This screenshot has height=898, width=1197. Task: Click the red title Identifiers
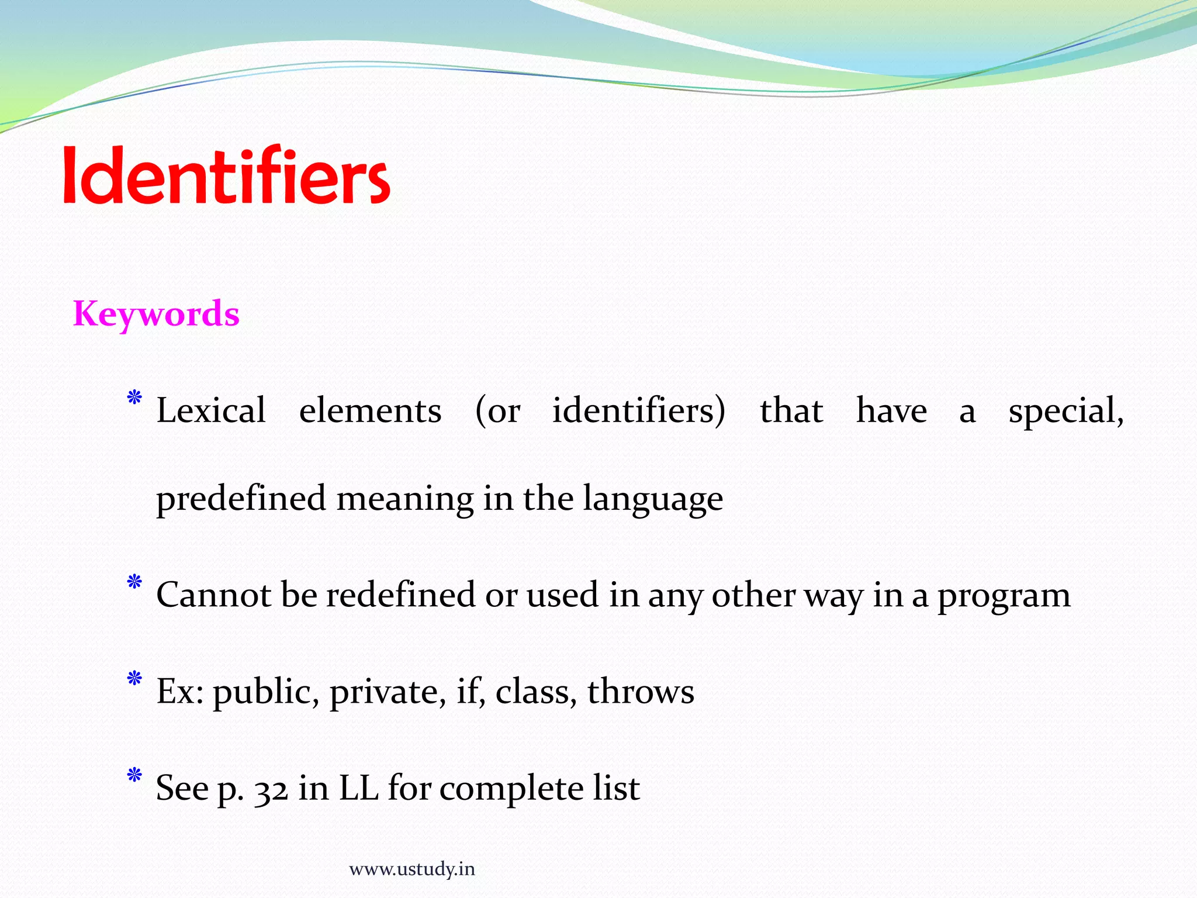tap(226, 175)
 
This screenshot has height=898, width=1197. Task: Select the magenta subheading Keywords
tap(156, 314)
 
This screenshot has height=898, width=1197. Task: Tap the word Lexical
tap(211, 410)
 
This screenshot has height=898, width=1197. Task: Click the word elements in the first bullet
tap(370, 410)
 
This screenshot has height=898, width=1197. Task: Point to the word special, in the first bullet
tap(1065, 411)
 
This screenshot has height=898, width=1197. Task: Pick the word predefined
tap(241, 499)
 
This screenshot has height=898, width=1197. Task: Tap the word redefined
tap(400, 595)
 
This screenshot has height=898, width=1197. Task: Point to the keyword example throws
tap(641, 691)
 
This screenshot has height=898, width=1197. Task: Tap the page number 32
tap(271, 789)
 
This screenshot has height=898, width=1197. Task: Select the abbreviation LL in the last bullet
tap(359, 788)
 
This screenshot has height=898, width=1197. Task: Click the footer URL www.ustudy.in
tap(412, 869)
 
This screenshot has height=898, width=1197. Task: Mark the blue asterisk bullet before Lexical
tap(134, 398)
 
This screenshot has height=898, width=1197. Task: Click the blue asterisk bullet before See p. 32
tap(134, 776)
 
